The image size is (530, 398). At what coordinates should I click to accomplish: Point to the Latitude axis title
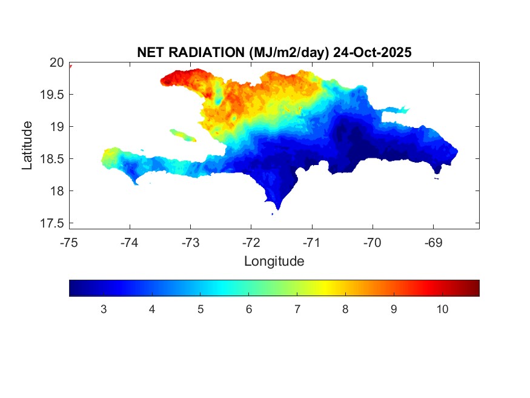27,145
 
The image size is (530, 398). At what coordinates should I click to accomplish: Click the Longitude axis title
274,261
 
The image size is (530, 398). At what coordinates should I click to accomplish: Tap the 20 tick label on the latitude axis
56,62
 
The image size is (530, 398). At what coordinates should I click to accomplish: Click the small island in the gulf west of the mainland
182,135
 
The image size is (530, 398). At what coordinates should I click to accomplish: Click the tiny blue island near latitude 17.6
273,214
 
